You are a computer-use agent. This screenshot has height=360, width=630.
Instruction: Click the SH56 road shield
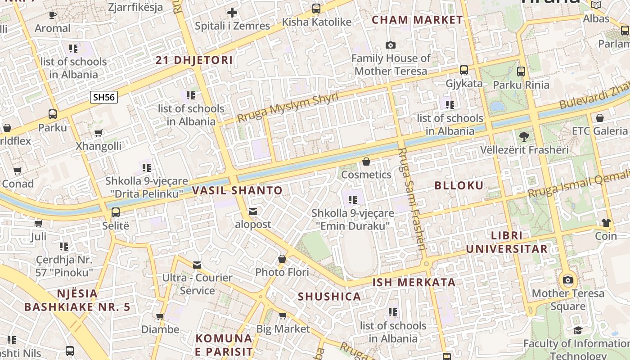[x=104, y=97]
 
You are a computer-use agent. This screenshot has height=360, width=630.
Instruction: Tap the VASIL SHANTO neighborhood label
[x=237, y=190]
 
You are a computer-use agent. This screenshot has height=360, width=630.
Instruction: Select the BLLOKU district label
[x=459, y=185]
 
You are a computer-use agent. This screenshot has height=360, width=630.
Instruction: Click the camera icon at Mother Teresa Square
[x=568, y=280]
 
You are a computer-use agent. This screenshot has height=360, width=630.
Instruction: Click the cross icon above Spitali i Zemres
[x=232, y=13]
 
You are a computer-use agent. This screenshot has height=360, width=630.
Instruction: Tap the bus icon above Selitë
[x=116, y=212]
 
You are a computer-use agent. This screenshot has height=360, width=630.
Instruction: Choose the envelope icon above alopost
[x=253, y=211]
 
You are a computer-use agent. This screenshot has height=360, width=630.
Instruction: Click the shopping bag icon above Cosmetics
[x=366, y=162]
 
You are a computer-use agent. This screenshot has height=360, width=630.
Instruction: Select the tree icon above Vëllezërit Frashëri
[x=524, y=136]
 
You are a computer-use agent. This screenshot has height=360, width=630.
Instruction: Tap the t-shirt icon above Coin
[x=606, y=222]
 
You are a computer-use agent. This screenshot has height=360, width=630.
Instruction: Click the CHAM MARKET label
[x=417, y=20]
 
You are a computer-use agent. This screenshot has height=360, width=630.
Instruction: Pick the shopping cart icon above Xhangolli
[x=98, y=133]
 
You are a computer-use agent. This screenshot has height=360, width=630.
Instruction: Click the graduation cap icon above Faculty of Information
[x=578, y=331]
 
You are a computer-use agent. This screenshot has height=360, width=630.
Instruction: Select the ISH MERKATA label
[x=414, y=283]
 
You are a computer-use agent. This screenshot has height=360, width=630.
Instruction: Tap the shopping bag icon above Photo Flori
[x=282, y=259]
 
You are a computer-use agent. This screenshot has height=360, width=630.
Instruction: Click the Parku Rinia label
[x=521, y=85]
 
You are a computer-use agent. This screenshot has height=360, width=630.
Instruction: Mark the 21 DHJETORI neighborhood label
[x=194, y=60]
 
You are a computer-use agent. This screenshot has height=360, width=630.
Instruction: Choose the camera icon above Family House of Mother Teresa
[x=391, y=45]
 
